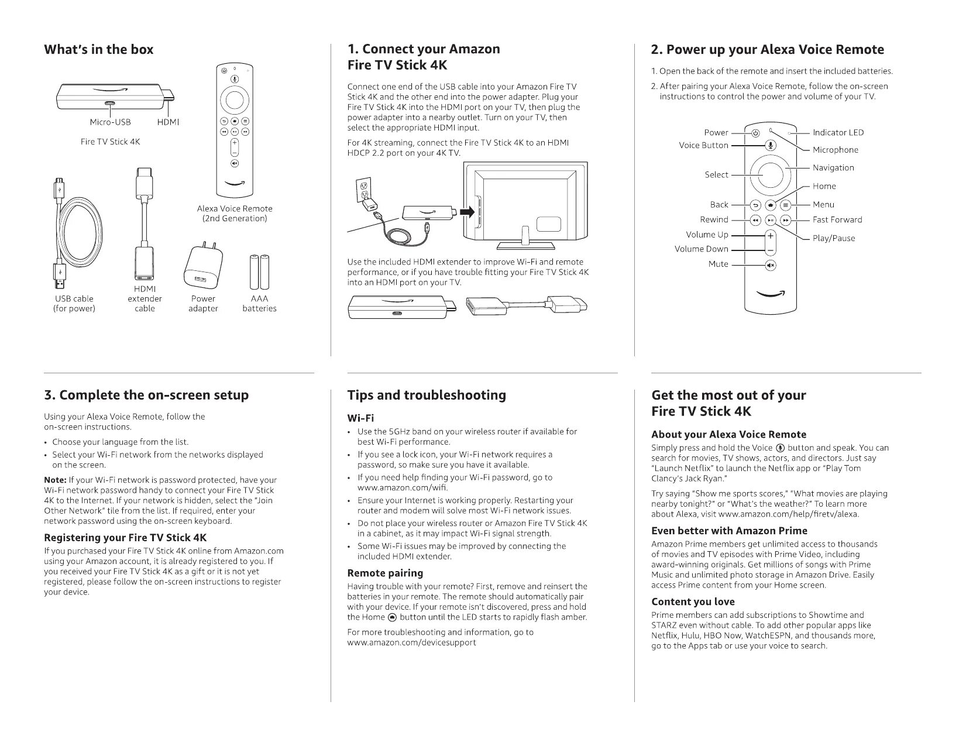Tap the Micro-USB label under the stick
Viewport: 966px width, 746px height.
click(110, 122)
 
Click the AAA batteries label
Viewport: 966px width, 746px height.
click(259, 303)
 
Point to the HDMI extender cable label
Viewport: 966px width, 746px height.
click(145, 298)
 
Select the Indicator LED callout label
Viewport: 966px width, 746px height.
click(838, 133)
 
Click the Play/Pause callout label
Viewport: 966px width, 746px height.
click(833, 238)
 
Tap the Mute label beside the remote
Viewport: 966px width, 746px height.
click(718, 264)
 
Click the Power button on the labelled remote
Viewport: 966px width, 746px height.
click(755, 133)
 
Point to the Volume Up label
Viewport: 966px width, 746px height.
click(707, 235)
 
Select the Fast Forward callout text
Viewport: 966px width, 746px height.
click(837, 220)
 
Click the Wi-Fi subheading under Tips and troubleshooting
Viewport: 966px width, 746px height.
click(360, 418)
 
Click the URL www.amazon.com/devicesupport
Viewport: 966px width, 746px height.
click(411, 642)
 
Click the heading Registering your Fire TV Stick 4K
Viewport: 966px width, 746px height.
click(125, 537)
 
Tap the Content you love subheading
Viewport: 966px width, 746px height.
click(693, 601)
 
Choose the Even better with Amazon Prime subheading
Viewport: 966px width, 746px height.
click(729, 531)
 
